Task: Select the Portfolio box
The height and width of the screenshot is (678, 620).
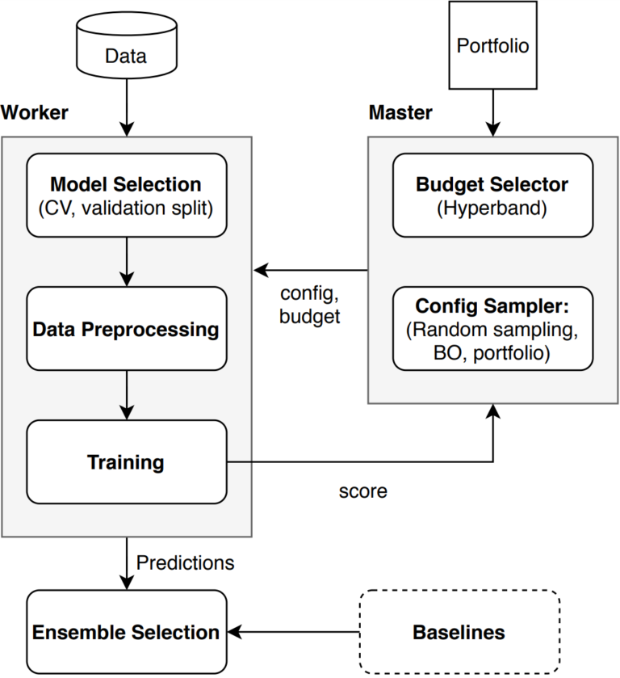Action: tap(492, 45)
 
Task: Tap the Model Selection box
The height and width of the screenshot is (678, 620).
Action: tap(126, 196)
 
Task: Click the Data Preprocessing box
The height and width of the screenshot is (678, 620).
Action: tap(126, 329)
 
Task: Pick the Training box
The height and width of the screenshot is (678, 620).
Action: tap(126, 462)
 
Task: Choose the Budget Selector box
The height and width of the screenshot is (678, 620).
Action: tap(492, 195)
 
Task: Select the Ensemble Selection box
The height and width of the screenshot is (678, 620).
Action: tap(126, 632)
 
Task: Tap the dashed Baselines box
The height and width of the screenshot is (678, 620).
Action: tap(459, 632)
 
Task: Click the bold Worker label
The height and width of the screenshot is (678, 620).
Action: tap(35, 112)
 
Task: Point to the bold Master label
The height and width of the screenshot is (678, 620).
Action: tap(400, 112)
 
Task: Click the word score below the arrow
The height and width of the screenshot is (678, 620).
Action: tap(362, 491)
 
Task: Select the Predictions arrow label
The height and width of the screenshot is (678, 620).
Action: tap(185, 562)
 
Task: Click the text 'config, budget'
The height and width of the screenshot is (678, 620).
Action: tap(310, 303)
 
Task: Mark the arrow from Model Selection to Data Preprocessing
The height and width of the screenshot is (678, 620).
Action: tap(126, 262)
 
